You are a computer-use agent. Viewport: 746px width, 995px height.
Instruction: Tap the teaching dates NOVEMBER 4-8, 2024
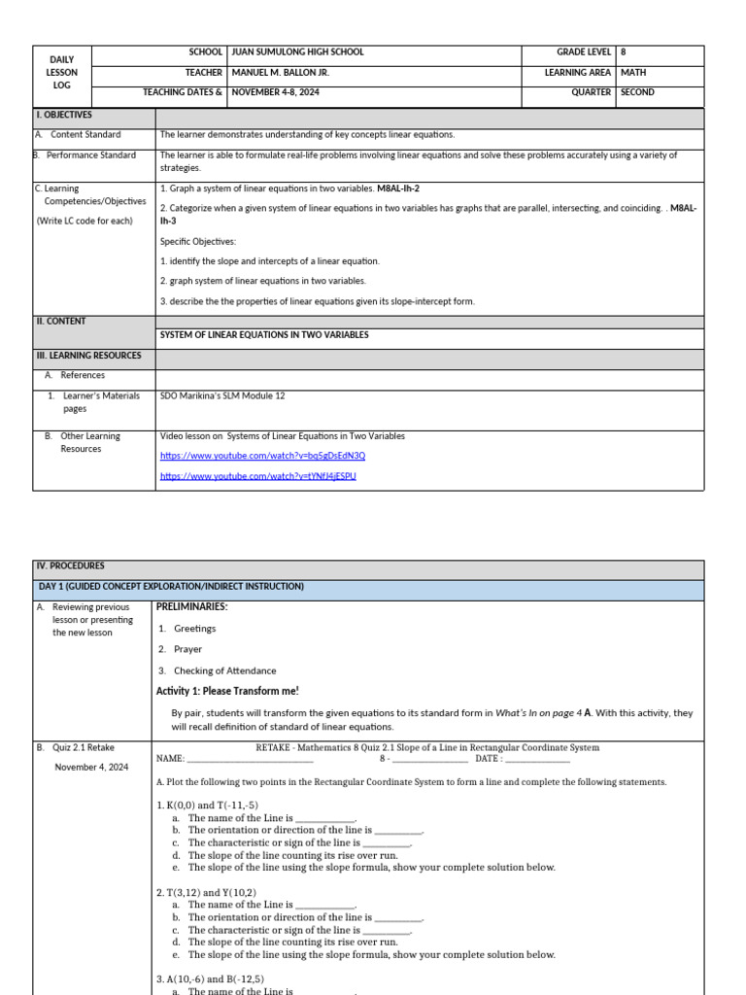tap(275, 92)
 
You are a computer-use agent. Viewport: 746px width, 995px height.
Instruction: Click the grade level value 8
tap(624, 52)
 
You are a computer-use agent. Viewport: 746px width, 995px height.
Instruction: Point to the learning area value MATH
tap(633, 73)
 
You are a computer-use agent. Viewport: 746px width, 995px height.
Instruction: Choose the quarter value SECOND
tap(637, 92)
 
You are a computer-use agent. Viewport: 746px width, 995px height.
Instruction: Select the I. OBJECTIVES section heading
tap(64, 115)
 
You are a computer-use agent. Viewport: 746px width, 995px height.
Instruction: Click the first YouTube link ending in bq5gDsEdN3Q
tap(262, 456)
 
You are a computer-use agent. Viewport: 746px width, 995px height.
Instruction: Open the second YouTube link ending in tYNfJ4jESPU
tap(257, 476)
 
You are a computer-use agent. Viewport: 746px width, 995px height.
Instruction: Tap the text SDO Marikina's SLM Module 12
tap(222, 395)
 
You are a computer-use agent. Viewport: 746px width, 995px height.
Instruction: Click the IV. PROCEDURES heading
tap(70, 566)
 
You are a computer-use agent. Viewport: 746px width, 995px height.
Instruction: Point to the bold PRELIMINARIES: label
tap(192, 607)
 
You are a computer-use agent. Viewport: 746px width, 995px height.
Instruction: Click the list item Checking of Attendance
tap(224, 670)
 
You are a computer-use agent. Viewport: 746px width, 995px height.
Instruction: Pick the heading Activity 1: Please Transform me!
tap(227, 691)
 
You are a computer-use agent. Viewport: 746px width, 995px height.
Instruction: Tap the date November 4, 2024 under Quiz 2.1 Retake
tap(91, 767)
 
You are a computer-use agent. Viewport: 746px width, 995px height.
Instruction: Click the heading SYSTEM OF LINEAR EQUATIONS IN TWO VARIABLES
tap(264, 335)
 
